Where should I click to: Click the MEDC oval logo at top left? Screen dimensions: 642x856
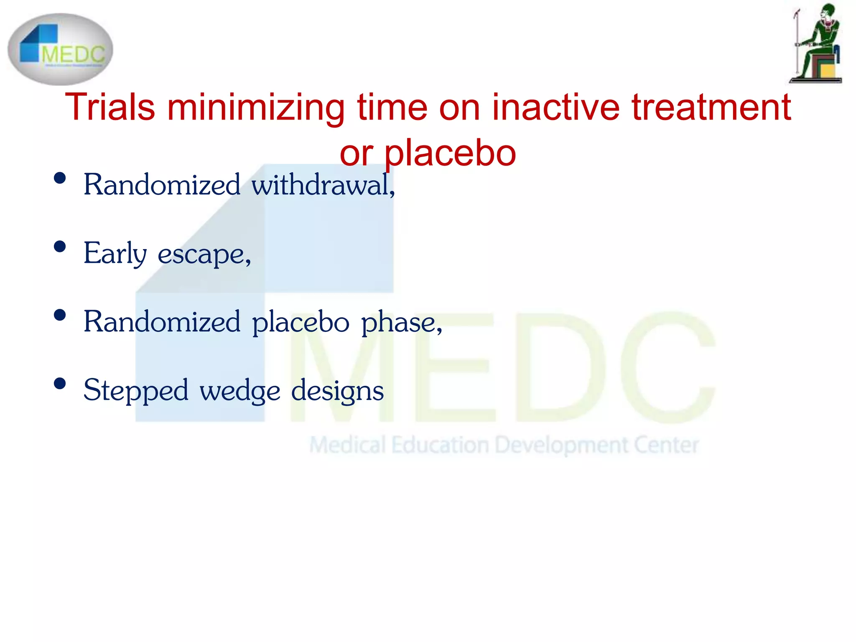[x=60, y=49]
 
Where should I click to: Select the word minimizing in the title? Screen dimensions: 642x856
[x=256, y=108]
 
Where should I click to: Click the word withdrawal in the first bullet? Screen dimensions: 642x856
[x=323, y=184]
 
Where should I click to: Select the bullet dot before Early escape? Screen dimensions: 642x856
[x=60, y=247]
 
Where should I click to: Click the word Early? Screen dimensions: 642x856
[x=115, y=253]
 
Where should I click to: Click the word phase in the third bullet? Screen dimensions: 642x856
[x=401, y=322]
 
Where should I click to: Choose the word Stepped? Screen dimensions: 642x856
[x=136, y=390]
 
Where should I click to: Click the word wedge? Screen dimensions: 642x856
[x=240, y=390]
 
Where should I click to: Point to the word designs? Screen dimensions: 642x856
[x=337, y=390]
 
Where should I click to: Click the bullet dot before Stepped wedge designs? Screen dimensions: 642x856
[x=60, y=384]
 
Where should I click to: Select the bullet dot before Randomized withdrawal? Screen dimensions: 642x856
[x=60, y=178]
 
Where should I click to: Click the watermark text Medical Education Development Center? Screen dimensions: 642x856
[x=504, y=445]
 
